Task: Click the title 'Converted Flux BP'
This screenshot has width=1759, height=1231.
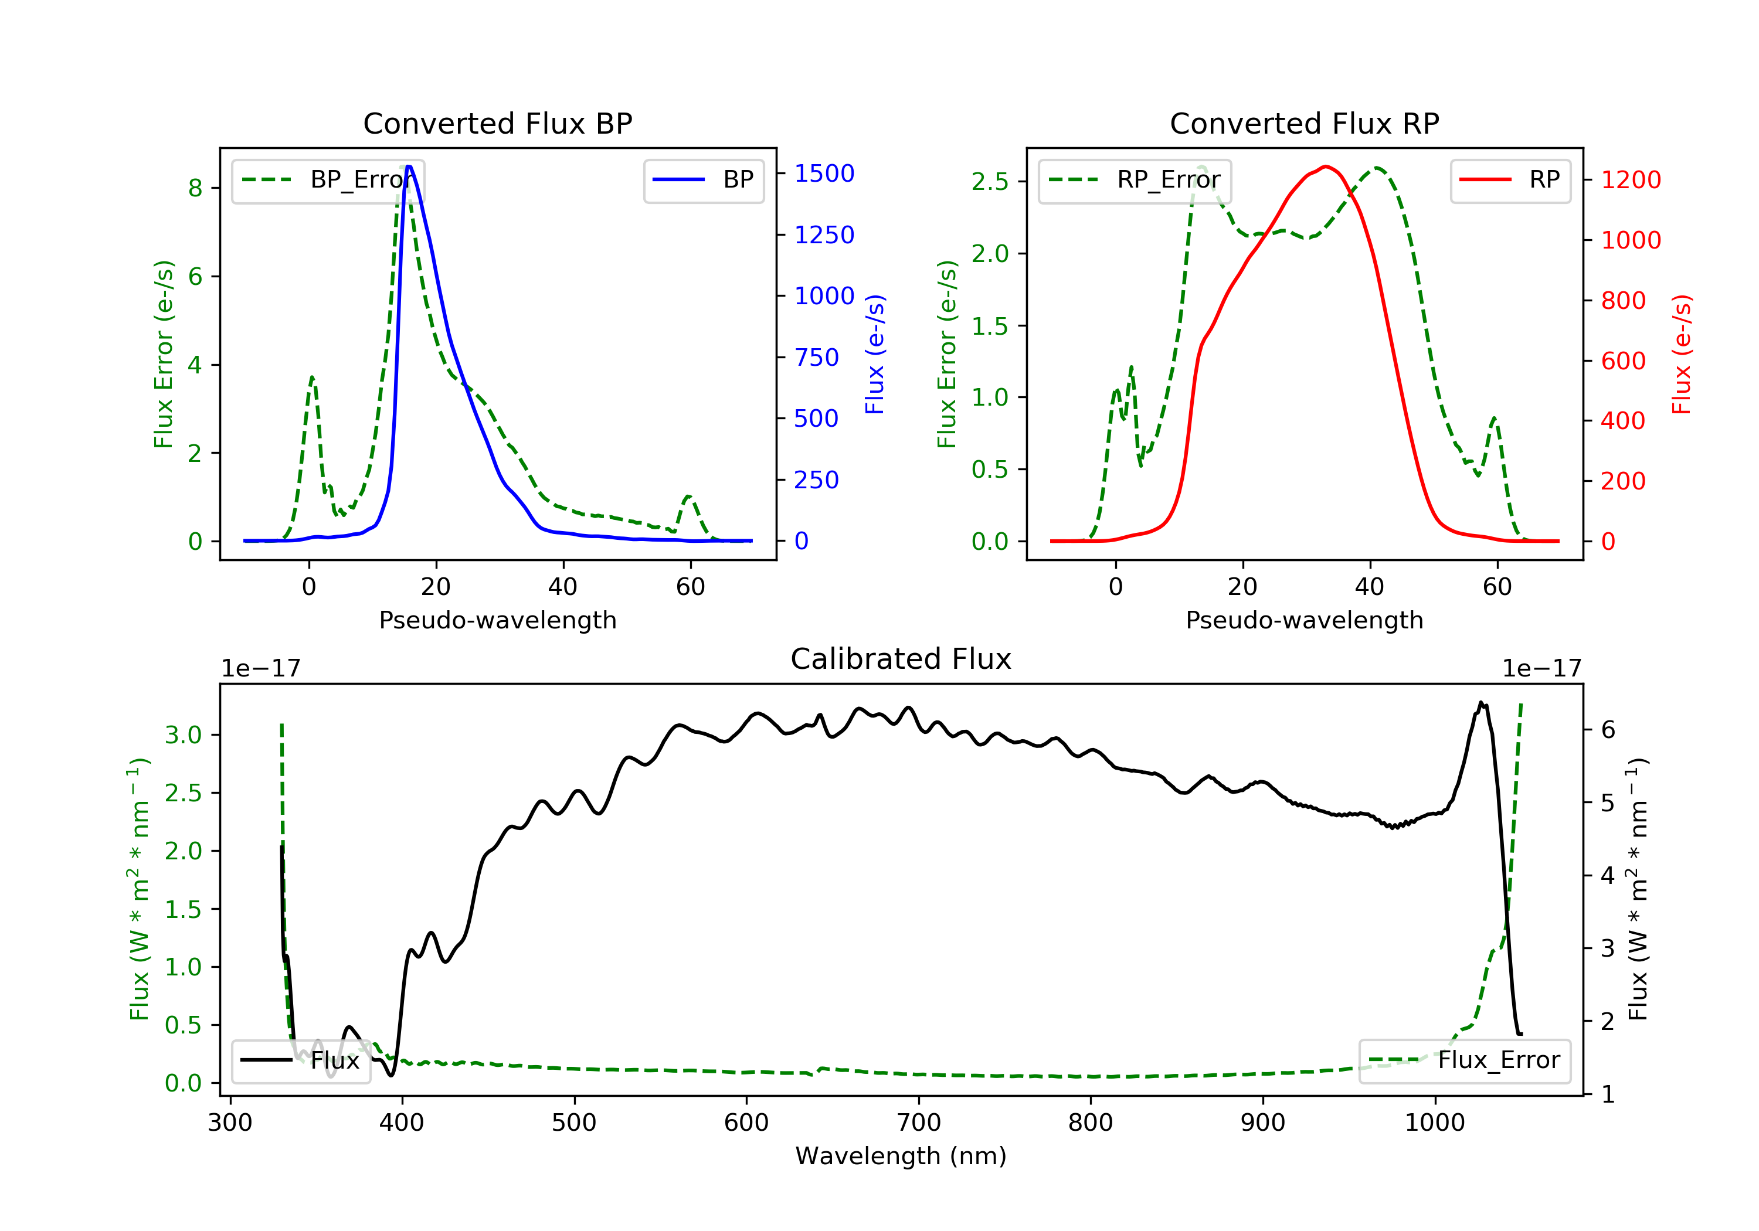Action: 497,123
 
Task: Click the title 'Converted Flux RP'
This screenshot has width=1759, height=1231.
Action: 1304,123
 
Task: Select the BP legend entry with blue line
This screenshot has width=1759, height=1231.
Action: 704,180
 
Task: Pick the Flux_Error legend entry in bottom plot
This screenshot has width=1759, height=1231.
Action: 1464,1060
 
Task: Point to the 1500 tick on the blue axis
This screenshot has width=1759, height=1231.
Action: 824,174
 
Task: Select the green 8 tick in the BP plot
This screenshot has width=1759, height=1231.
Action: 195,188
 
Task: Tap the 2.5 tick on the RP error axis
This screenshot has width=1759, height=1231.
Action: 989,182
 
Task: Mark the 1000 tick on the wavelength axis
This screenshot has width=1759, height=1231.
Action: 1434,1123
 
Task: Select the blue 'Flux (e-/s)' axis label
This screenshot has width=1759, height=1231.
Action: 875,354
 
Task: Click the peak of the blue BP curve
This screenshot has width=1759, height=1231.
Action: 409,167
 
